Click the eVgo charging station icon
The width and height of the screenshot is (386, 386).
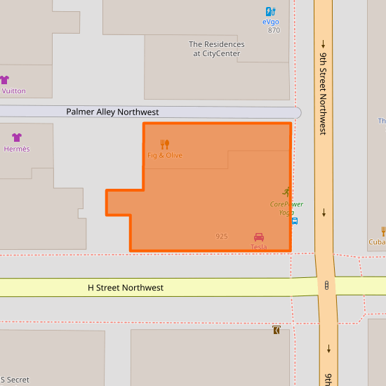[270, 11]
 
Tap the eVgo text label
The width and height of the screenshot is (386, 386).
[271, 22]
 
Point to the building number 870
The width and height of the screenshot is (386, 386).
[274, 30]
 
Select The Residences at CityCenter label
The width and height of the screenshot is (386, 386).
[217, 48]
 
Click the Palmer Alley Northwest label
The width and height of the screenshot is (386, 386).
[112, 112]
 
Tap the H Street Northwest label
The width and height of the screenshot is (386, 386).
[126, 288]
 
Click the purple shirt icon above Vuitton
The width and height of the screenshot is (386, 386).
[4, 80]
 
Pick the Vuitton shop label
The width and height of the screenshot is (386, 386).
[13, 91]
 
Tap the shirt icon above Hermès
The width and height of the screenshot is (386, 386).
[17, 138]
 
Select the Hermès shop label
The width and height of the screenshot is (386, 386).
[17, 149]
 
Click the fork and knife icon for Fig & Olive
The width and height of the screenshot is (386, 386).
[165, 144]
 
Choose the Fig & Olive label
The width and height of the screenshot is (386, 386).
[165, 155]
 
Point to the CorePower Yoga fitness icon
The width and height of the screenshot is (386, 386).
[286, 192]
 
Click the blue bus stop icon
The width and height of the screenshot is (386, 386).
[295, 220]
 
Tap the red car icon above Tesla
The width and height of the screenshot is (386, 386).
[258, 237]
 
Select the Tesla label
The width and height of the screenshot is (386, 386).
[258, 247]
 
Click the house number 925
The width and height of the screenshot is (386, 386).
[222, 237]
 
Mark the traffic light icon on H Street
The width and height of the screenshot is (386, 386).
[327, 285]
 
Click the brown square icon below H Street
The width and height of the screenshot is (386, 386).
[277, 330]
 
